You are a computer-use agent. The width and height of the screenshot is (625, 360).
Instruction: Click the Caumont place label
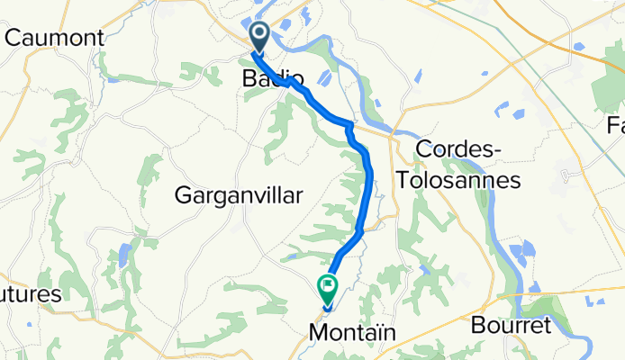54,38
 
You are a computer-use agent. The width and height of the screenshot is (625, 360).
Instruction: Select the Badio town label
272,79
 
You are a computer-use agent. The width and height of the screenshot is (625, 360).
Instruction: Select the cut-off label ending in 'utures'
31,294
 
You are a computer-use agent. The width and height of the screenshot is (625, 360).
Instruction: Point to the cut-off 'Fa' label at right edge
616,125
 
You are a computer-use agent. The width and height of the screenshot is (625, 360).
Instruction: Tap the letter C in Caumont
13,38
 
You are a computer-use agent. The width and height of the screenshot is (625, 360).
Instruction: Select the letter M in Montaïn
317,333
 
